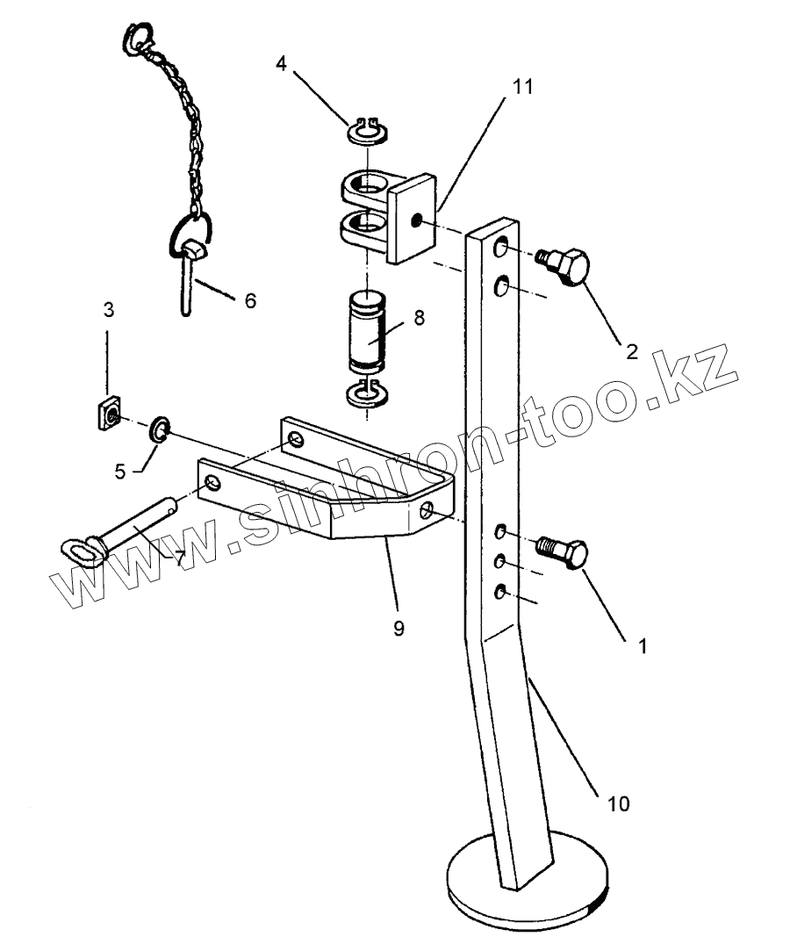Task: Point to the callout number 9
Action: (399, 630)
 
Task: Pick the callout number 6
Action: (250, 301)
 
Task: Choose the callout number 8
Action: (419, 317)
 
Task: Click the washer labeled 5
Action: (160, 429)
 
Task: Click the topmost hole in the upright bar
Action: (500, 249)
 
